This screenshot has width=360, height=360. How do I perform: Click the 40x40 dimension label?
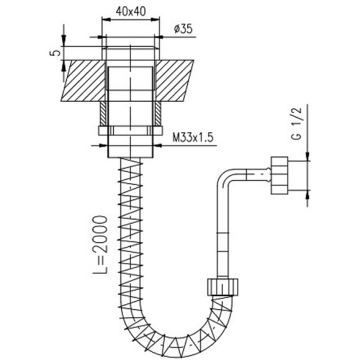[130, 11]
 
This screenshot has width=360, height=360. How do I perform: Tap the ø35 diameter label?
[183, 29]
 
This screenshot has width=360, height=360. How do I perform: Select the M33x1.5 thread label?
[193, 138]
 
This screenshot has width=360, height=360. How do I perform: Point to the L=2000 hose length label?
[100, 245]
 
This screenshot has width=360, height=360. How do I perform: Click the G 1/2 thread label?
[296, 124]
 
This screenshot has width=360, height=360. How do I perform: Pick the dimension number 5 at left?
[55, 53]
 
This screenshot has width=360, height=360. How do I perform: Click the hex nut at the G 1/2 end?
[279, 176]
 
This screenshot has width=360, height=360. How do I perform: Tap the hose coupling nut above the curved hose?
[223, 287]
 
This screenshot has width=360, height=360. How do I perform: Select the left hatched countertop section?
[84, 81]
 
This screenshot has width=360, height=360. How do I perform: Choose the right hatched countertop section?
[174, 81]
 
